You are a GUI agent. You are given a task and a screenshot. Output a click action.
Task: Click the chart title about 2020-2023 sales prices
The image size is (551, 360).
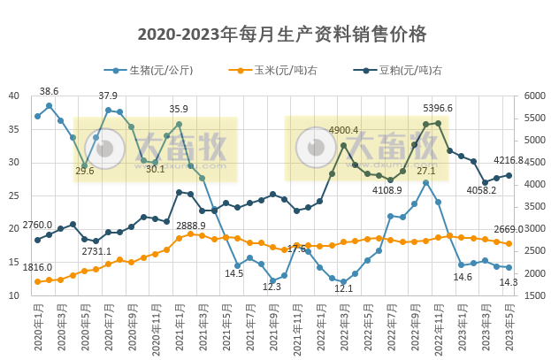pyautogui.click(x=282, y=34)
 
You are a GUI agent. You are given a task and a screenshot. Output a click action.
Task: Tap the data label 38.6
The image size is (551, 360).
pyautogui.click(x=50, y=91)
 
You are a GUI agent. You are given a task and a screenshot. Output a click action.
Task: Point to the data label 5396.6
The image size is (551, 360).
pyautogui.click(x=437, y=108)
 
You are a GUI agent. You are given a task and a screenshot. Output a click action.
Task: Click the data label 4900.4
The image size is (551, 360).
pyautogui.click(x=343, y=130)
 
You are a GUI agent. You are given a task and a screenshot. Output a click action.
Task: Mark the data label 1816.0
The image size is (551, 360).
pyautogui.click(x=37, y=267)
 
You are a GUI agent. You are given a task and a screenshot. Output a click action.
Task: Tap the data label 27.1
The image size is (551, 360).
pyautogui.click(x=425, y=171)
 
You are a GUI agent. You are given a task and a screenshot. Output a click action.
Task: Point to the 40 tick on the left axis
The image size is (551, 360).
pyautogui.click(x=14, y=96)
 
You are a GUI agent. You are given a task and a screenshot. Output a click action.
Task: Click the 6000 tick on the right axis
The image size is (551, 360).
pyautogui.click(x=535, y=96)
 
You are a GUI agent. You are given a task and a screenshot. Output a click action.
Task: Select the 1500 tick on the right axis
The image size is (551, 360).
pyautogui.click(x=535, y=296)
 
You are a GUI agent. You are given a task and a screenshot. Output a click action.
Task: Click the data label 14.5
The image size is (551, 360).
pyautogui.click(x=234, y=273)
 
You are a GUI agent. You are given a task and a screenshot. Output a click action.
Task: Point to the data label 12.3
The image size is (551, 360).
pyautogui.click(x=272, y=287)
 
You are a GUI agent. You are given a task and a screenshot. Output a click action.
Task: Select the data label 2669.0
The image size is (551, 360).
pyautogui.click(x=533, y=229)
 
